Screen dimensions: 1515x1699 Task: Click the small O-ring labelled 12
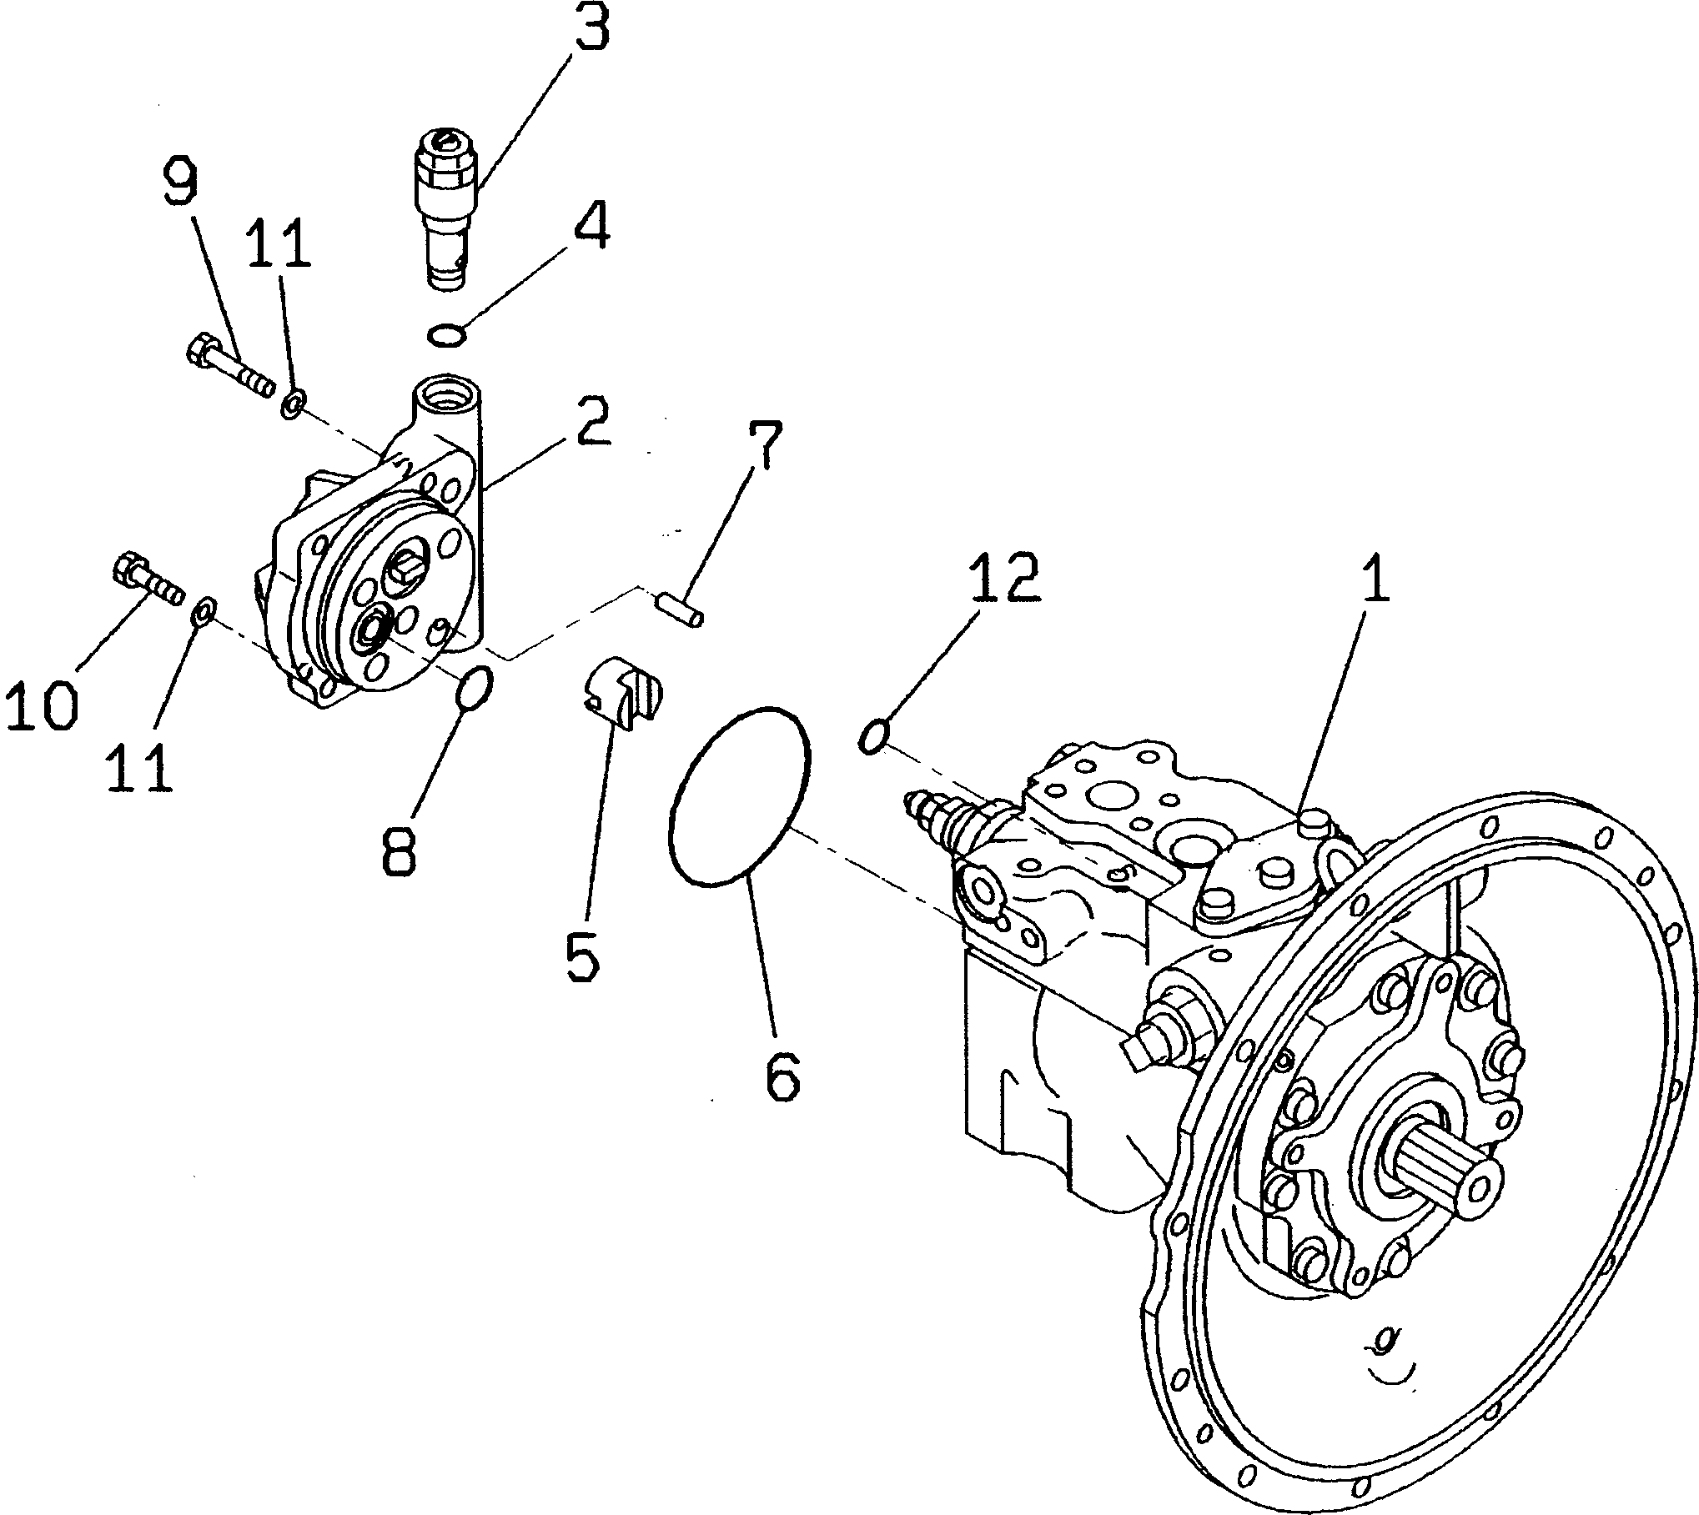873,737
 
